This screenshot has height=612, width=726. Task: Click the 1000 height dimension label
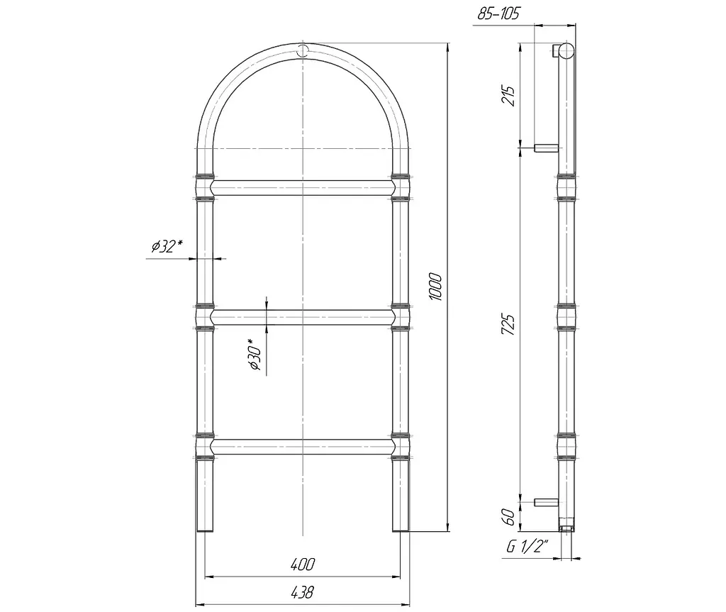(x=436, y=286)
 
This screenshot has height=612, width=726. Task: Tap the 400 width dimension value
(x=303, y=564)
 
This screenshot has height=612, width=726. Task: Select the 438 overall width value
(x=302, y=592)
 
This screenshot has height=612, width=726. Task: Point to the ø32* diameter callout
(x=167, y=246)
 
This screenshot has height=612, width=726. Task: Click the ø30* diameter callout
(x=255, y=355)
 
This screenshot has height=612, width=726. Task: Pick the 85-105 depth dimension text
(x=498, y=13)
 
